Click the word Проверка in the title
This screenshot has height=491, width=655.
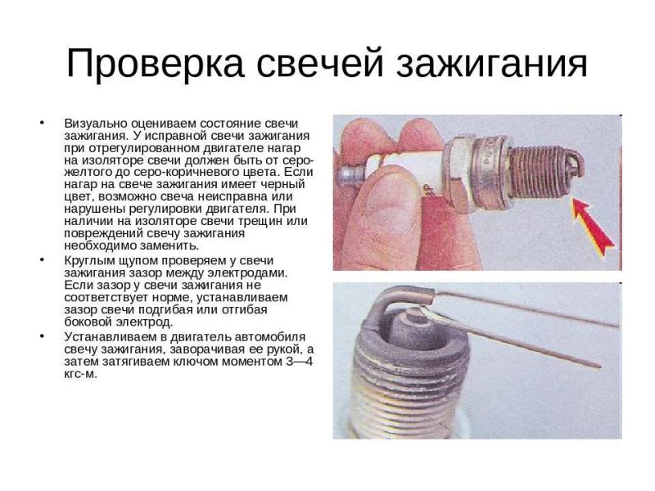155,63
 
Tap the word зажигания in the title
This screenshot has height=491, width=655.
492,65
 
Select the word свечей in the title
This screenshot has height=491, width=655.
320,63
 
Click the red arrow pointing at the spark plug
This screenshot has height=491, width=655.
592,226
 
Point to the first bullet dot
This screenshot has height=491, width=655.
42,123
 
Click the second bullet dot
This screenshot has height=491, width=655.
42,259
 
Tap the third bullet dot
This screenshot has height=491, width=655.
42,336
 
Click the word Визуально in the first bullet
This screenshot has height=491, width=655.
96,124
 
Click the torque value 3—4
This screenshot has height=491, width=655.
299,361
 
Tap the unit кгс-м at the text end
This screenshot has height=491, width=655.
79,374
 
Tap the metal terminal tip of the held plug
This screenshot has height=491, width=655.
351,175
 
